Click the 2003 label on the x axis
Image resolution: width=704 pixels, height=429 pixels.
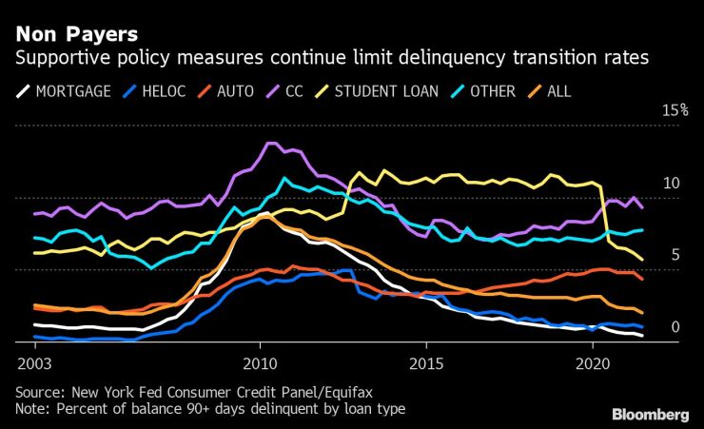pyautogui.click(x=35, y=363)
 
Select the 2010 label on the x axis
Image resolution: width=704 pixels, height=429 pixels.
pyautogui.click(x=260, y=363)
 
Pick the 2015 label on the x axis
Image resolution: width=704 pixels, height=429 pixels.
pyautogui.click(x=425, y=363)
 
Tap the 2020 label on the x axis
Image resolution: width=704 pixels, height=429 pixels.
pyautogui.click(x=592, y=363)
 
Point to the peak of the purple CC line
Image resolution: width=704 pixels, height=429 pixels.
pyautogui.click(x=270, y=144)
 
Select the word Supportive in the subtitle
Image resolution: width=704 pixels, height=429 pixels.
pyautogui.click(x=54, y=59)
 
